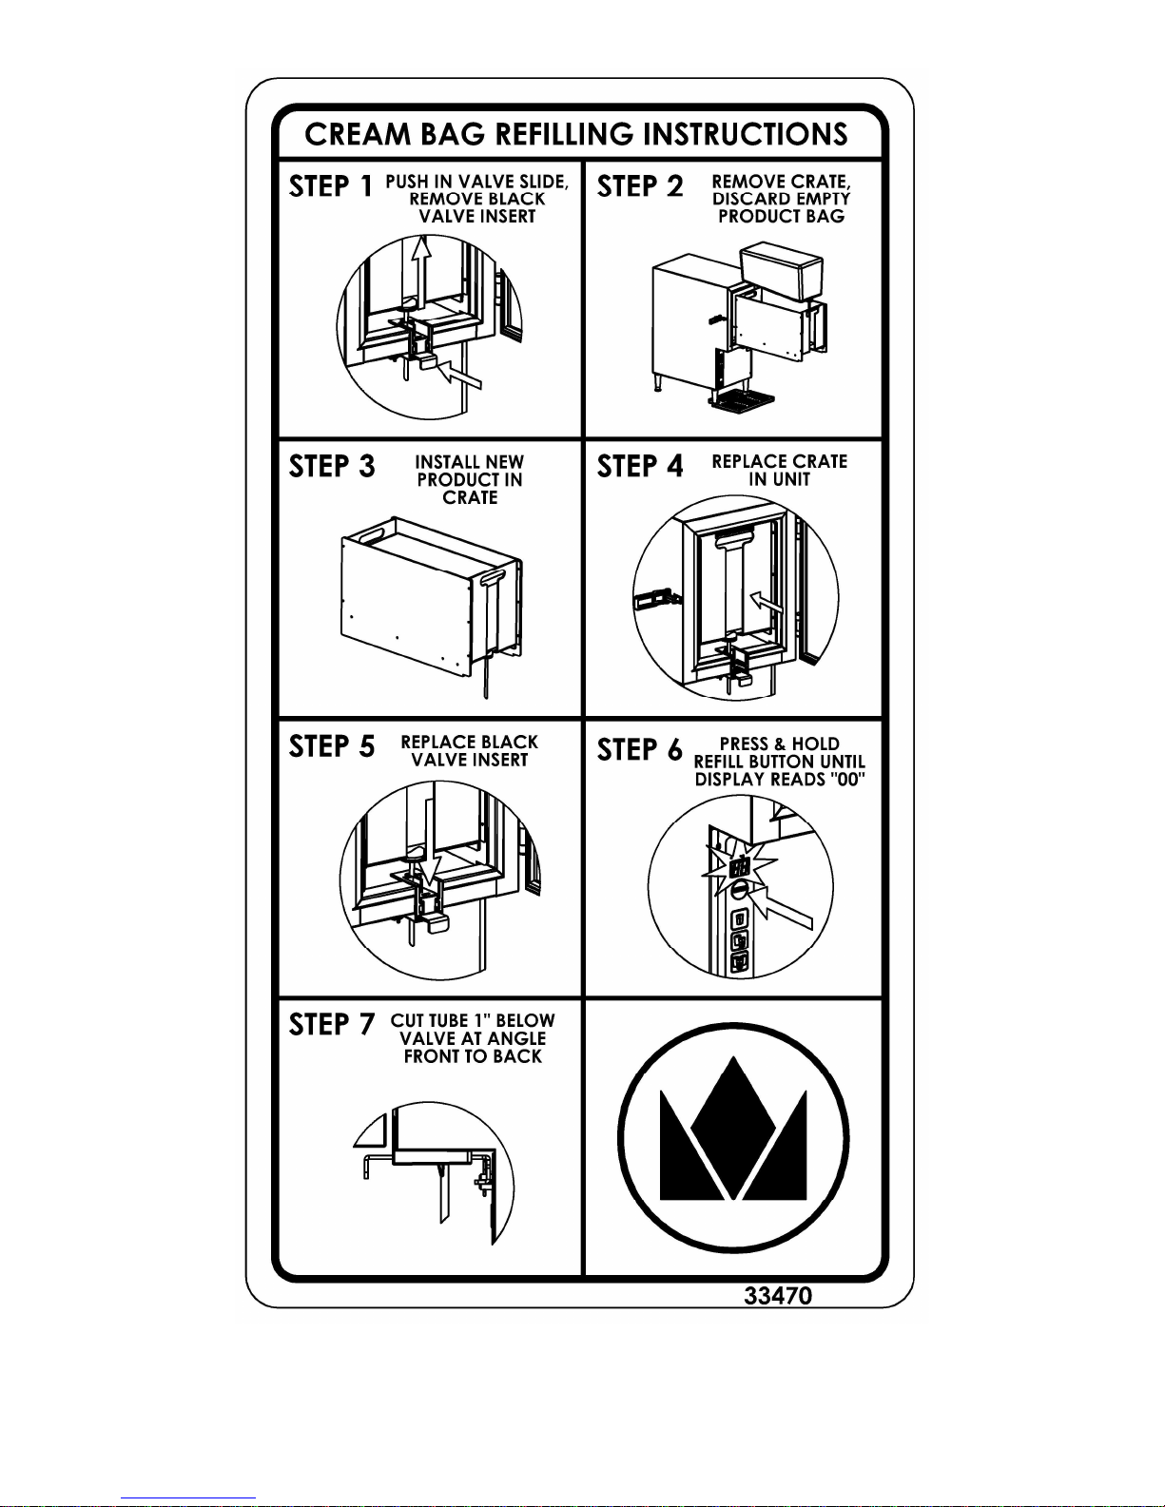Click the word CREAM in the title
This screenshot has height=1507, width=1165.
click(x=358, y=135)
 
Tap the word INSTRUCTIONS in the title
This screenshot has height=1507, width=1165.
click(x=746, y=135)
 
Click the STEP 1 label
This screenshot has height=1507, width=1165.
click(x=331, y=186)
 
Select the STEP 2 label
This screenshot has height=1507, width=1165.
click(x=639, y=186)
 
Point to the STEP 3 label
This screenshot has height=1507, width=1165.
click(x=332, y=467)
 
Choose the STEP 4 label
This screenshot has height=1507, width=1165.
click(x=639, y=466)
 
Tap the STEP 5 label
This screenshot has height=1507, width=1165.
click(x=332, y=747)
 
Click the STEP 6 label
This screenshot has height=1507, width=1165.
click(x=639, y=749)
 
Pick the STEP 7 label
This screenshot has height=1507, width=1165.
click(x=332, y=1024)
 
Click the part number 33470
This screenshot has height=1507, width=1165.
click(x=777, y=1296)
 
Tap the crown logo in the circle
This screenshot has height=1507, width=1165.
click(x=733, y=1137)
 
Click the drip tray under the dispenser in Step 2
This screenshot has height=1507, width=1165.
click(x=742, y=401)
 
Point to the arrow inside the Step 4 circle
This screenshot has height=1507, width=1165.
click(x=767, y=601)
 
